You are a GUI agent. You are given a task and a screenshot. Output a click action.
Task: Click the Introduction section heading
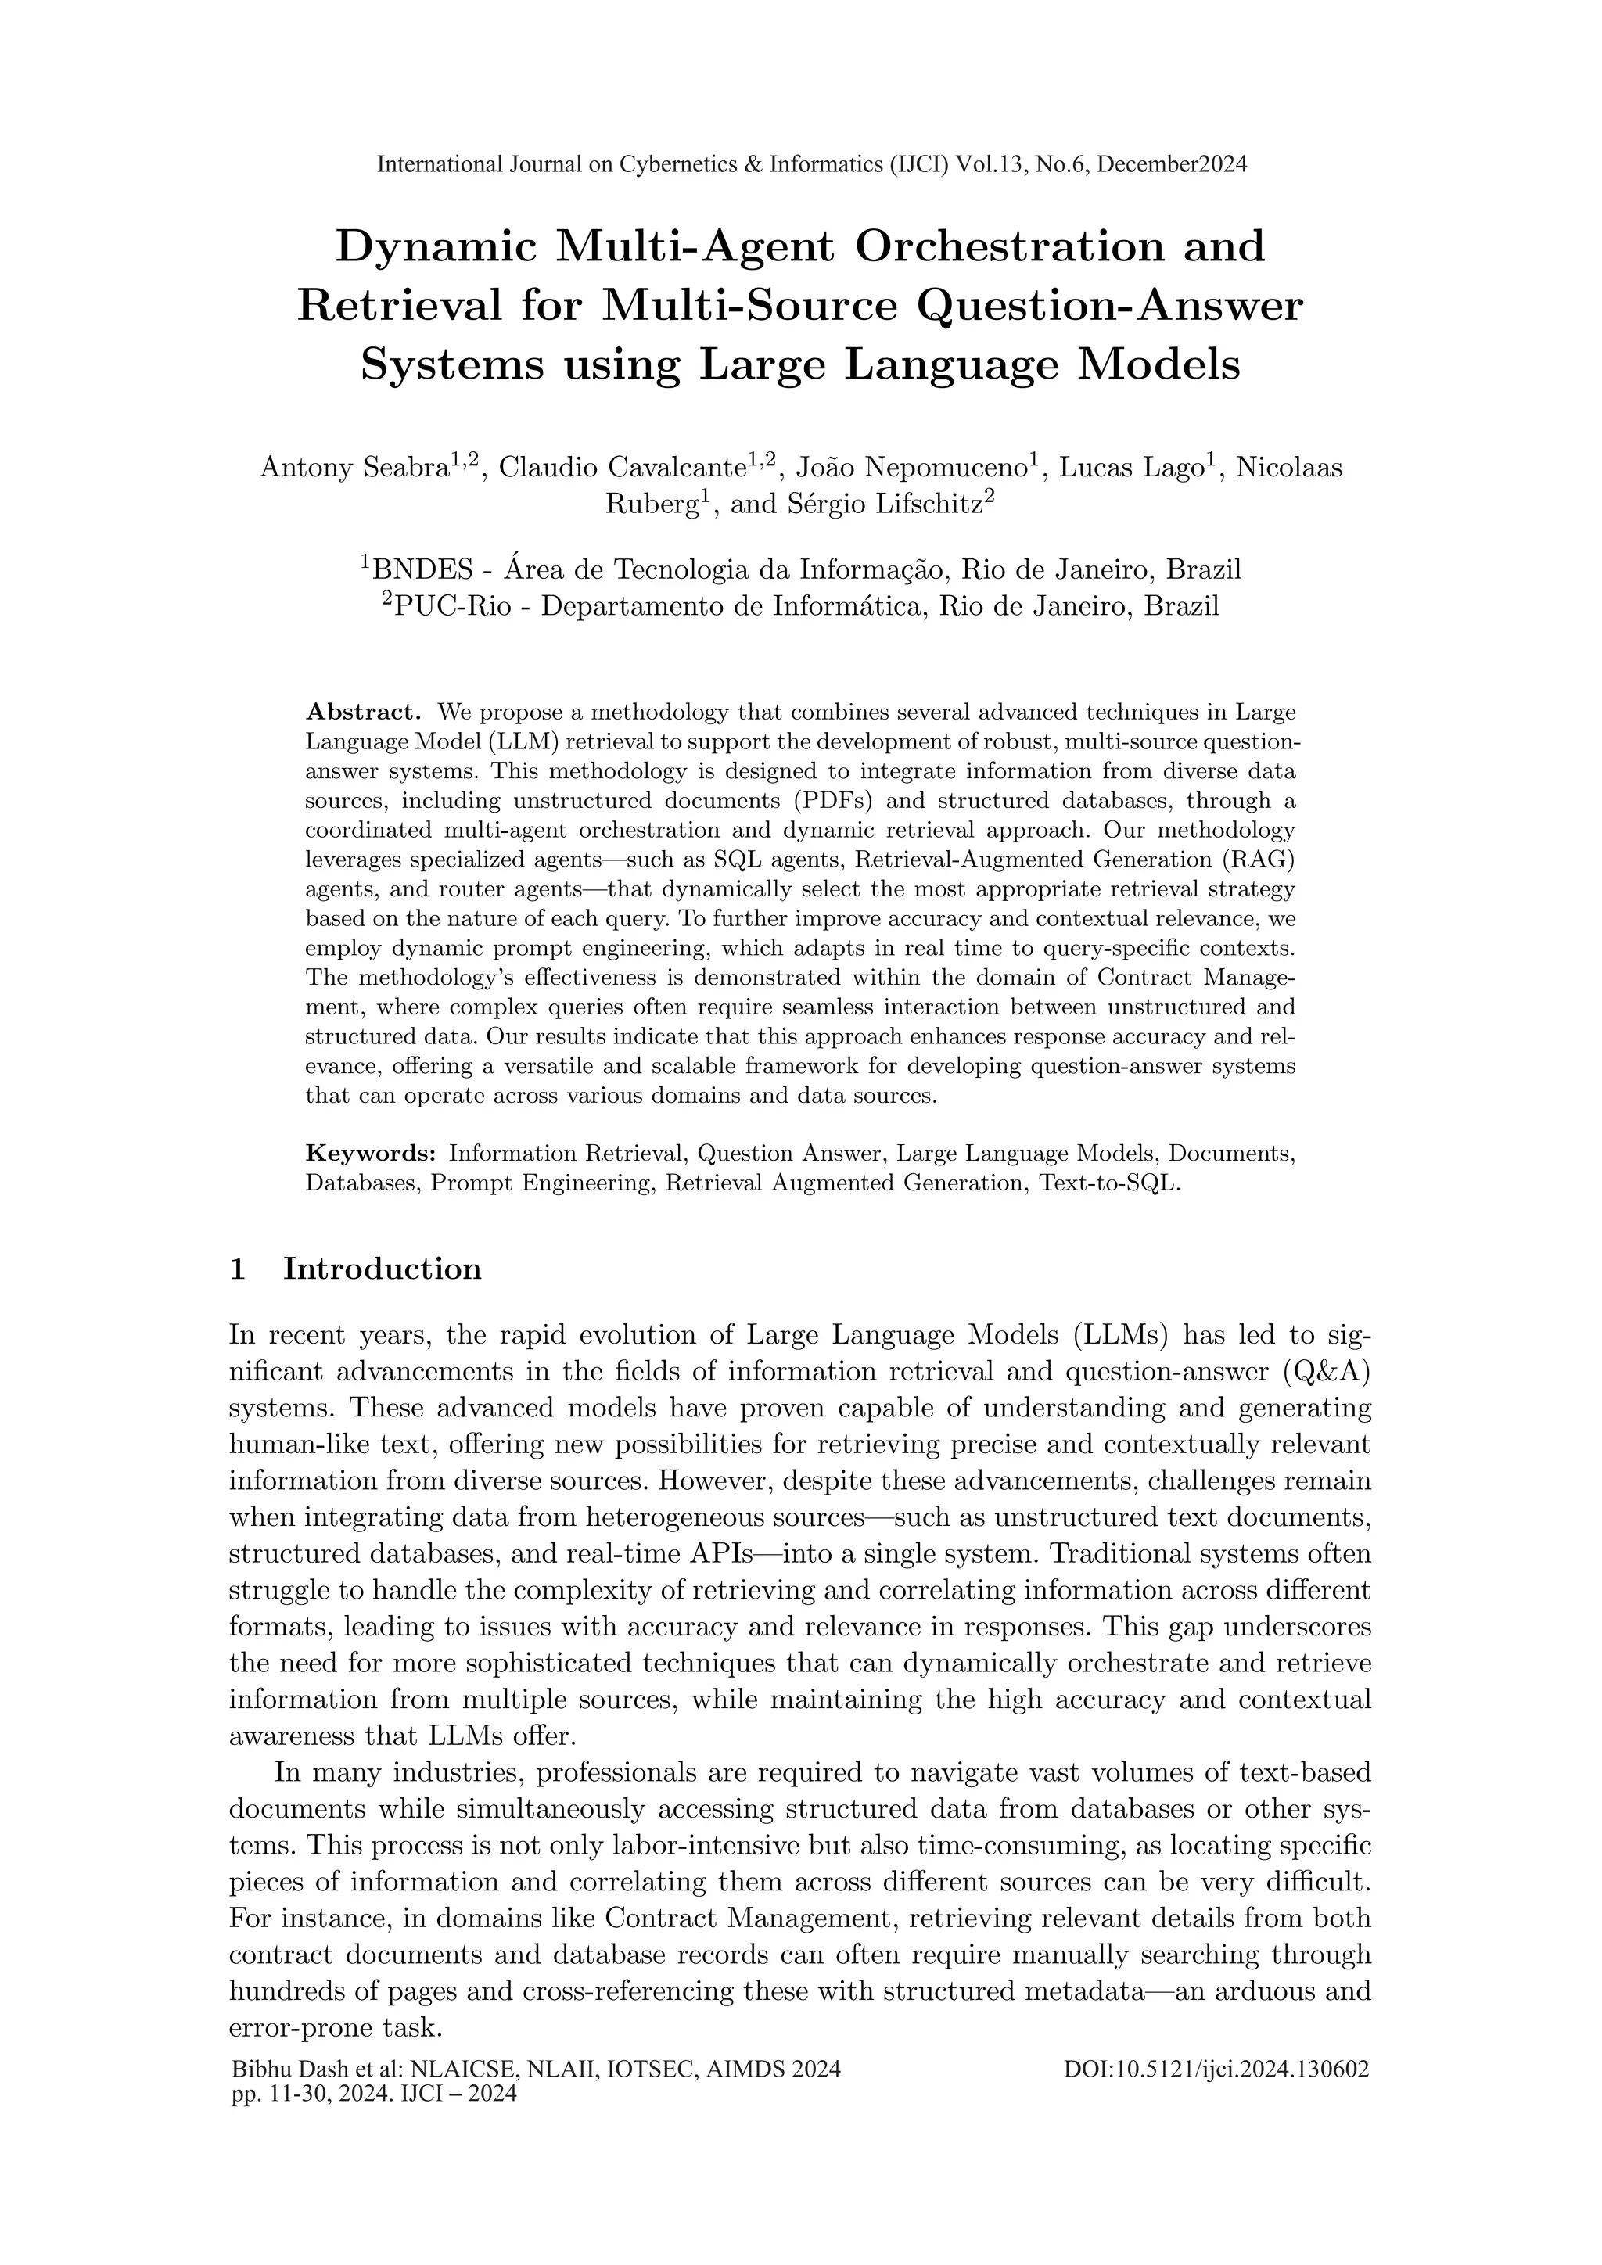pyautogui.click(x=382, y=1269)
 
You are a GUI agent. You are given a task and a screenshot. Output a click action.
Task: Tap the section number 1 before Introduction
pyautogui.click(x=237, y=1269)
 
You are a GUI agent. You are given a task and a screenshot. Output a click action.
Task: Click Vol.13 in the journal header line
pyautogui.click(x=994, y=165)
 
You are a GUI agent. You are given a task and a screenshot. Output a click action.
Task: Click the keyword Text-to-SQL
pyautogui.click(x=1108, y=1183)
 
